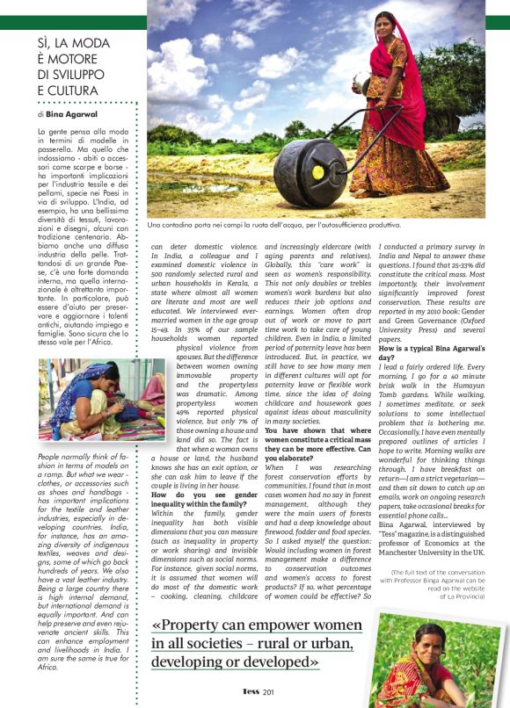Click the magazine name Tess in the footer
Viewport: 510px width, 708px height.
(251, 691)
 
